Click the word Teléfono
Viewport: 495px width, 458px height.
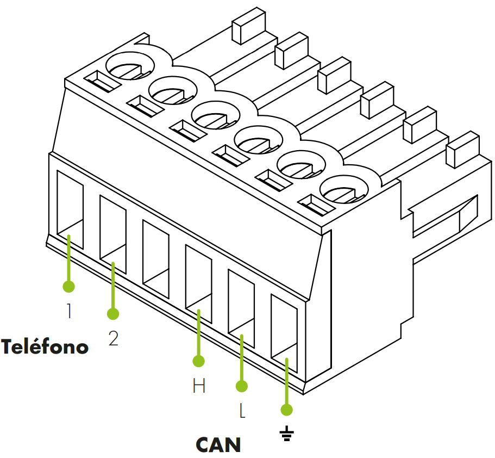[45, 346]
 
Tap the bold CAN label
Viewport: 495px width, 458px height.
[218, 444]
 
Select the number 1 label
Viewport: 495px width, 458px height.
[69, 311]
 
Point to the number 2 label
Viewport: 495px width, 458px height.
[113, 338]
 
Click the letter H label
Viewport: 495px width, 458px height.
[199, 386]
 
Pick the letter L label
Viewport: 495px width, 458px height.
[242, 411]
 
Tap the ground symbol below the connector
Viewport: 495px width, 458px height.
[287, 434]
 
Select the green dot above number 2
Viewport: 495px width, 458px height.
[113, 313]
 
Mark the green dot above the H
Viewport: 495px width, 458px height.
[199, 361]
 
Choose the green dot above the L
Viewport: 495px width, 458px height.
[242, 386]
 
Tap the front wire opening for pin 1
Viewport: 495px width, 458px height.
[70, 209]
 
